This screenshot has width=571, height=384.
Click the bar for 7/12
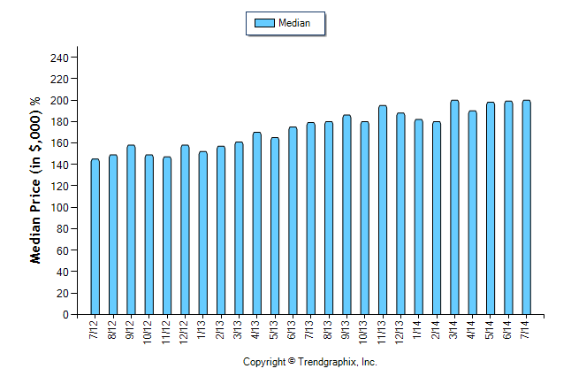click(x=95, y=236)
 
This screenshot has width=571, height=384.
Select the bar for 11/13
click(x=383, y=210)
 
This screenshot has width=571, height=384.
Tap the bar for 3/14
click(x=454, y=207)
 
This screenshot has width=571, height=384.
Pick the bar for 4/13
click(x=256, y=223)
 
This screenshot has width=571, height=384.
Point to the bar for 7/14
click(x=527, y=207)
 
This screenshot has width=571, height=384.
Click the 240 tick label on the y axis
click(x=58, y=58)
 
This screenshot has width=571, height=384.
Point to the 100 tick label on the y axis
click(x=58, y=208)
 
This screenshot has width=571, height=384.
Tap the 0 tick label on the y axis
click(x=65, y=315)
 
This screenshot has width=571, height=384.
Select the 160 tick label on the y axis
click(x=58, y=143)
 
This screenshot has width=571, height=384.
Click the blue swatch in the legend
click(x=264, y=23)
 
